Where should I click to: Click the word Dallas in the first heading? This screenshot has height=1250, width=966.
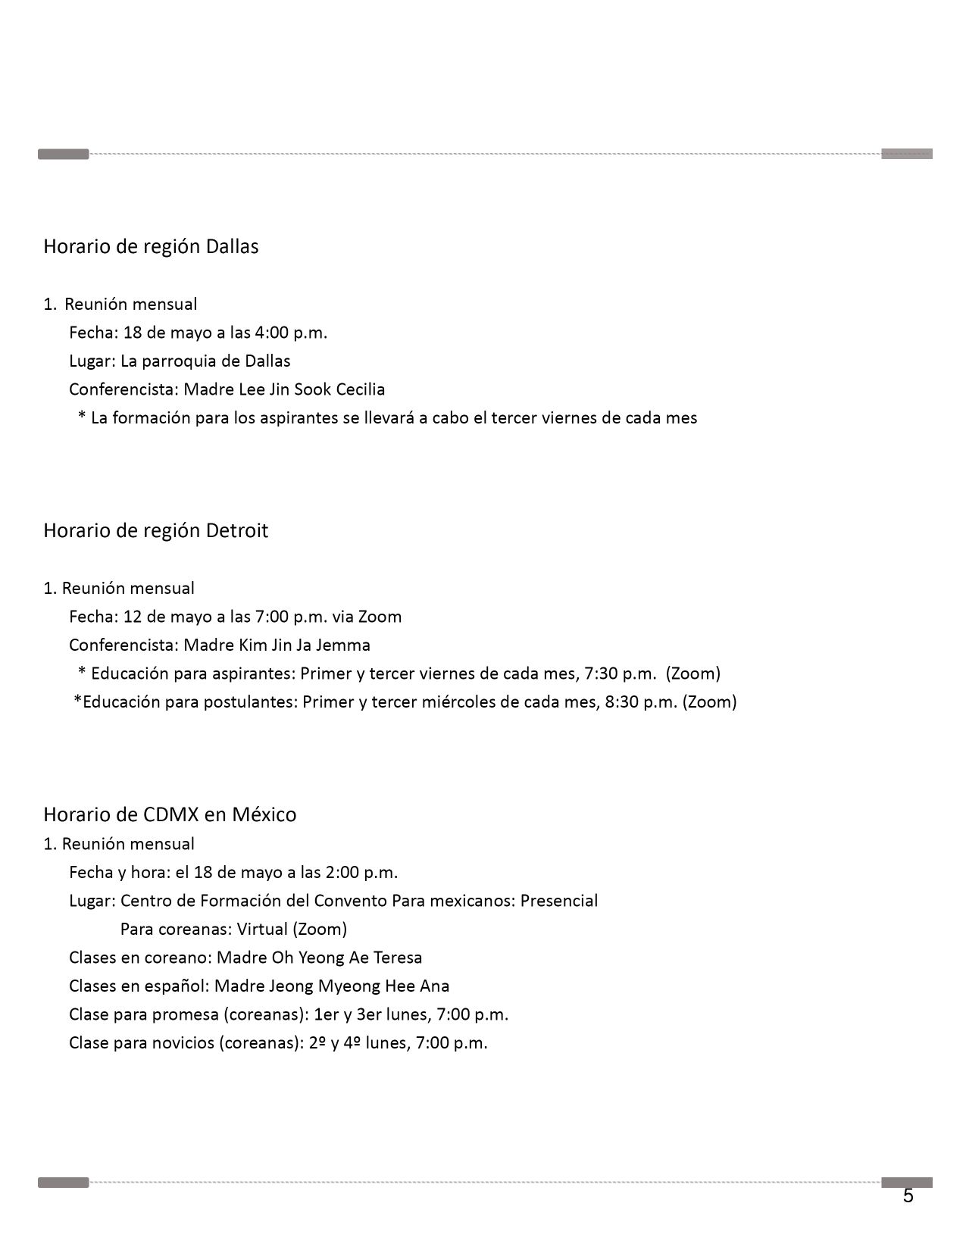click(232, 247)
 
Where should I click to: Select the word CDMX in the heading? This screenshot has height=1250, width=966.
click(170, 815)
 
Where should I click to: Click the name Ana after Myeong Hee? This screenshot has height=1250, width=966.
click(434, 986)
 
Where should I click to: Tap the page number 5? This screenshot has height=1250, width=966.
click(908, 1196)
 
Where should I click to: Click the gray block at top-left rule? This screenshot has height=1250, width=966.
click(64, 155)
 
